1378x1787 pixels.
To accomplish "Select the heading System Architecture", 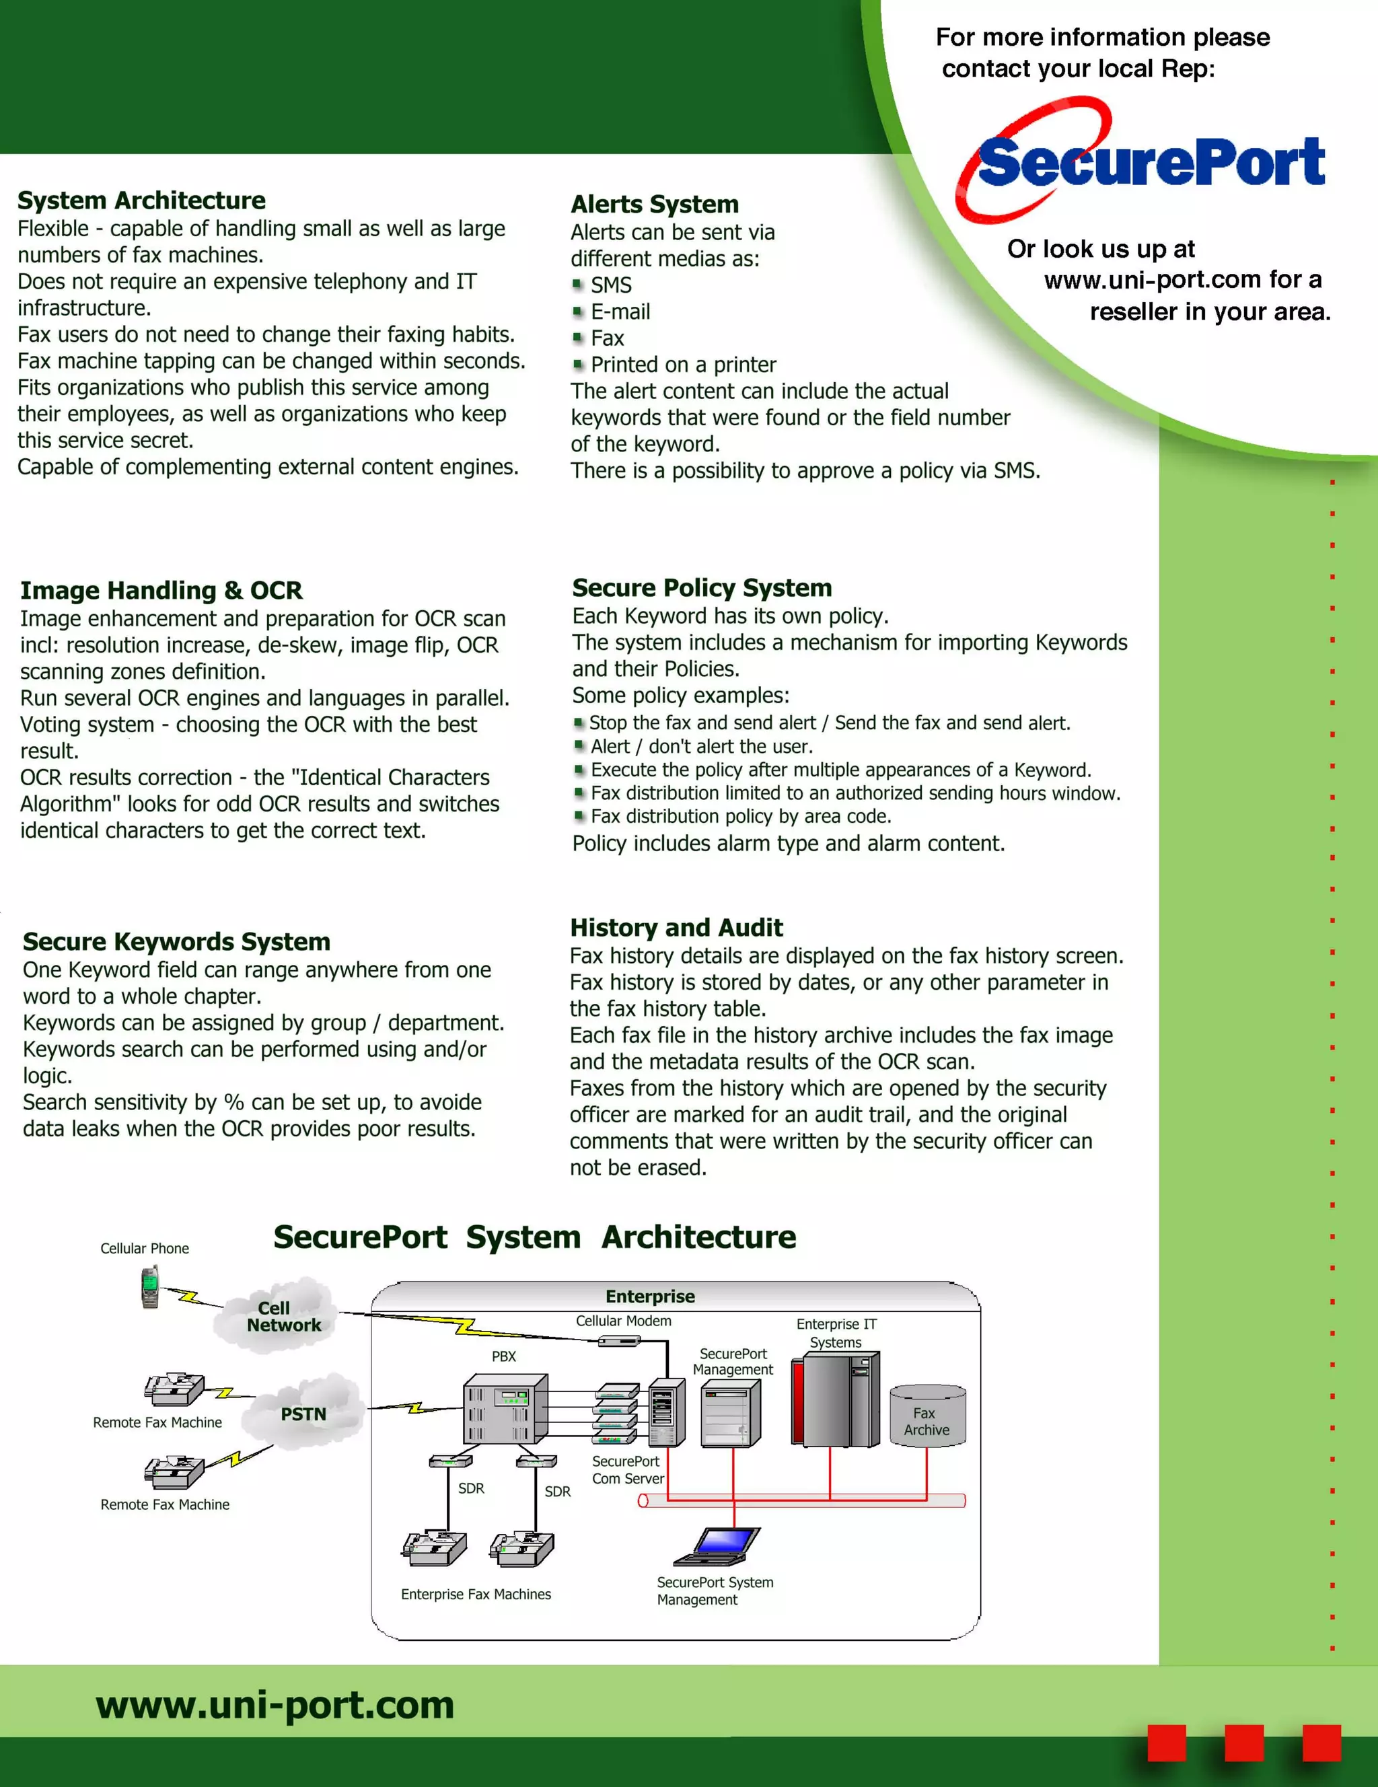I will [141, 200].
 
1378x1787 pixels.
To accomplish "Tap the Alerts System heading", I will [655, 204].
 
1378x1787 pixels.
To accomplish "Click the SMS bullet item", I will [610, 285].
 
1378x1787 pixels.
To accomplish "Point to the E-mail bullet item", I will [620, 312].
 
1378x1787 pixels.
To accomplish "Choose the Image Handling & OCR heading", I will [161, 590].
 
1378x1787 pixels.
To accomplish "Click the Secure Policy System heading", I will [701, 587].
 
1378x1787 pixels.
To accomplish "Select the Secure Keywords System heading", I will [176, 941].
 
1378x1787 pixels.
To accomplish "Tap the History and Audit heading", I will [676, 927].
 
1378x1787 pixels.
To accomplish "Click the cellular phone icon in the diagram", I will [150, 1286].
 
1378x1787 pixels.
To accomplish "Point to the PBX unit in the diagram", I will [504, 1408].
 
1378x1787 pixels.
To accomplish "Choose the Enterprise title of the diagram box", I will [650, 1296].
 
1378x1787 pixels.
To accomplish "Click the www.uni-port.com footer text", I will [275, 1704].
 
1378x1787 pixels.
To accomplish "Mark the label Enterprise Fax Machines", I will [476, 1594].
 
